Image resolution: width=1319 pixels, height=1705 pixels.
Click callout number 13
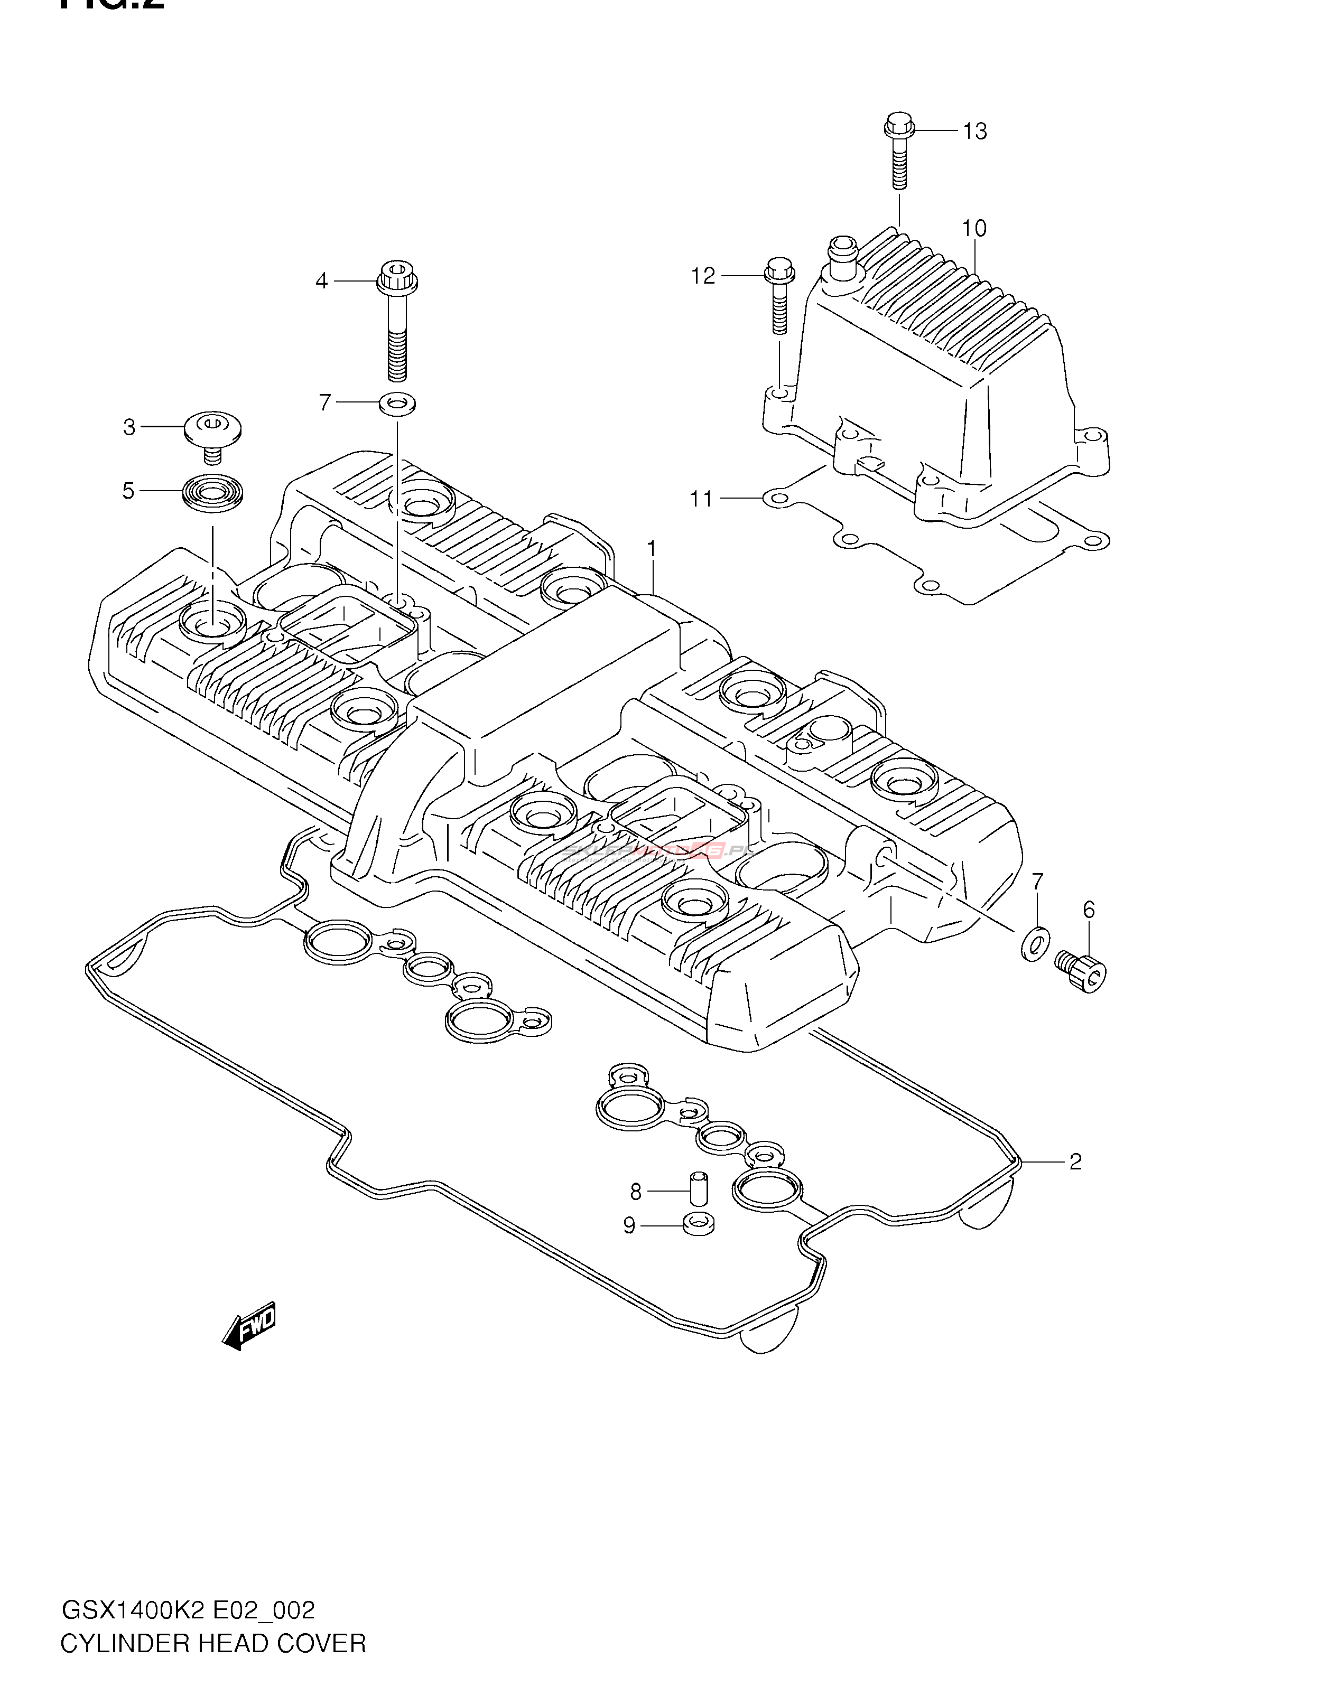click(974, 131)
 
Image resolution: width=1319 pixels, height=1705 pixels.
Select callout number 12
click(703, 276)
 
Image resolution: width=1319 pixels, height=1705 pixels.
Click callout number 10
click(974, 229)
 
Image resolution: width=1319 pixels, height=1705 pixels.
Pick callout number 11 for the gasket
click(701, 498)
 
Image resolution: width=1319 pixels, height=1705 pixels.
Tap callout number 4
click(322, 280)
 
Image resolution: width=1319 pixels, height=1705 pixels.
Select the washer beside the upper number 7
click(397, 404)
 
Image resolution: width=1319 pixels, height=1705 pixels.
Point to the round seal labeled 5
click(212, 492)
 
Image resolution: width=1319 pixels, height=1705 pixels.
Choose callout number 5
click(128, 491)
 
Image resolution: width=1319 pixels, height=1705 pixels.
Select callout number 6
click(1089, 910)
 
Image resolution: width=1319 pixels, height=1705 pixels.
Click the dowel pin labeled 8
click(698, 1191)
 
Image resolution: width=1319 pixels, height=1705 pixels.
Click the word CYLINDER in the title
click(122, 1666)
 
